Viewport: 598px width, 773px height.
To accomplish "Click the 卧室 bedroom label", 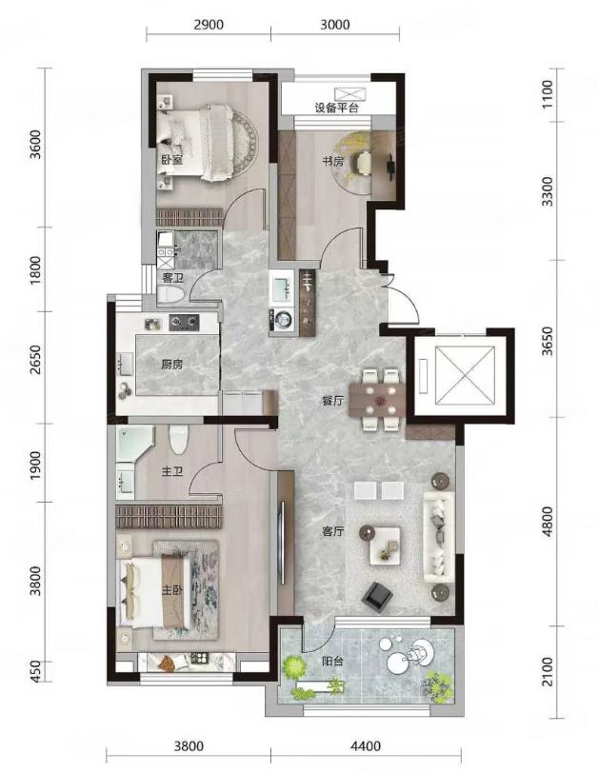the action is [171, 160].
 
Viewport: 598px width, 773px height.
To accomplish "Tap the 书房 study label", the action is [332, 161].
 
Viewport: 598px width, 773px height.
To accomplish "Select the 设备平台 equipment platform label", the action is [336, 108].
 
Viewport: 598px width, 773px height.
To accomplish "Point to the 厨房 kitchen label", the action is [172, 365].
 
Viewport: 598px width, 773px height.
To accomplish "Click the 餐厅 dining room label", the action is [331, 401].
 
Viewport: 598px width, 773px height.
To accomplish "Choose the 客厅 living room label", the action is [332, 531].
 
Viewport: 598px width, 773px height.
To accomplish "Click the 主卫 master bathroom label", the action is [172, 472].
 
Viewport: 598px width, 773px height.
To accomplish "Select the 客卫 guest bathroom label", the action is [172, 278].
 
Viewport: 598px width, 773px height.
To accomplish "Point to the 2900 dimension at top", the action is [209, 24].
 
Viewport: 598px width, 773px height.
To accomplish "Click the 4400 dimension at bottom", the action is [366, 746].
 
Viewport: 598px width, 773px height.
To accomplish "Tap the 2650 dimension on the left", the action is [34, 360].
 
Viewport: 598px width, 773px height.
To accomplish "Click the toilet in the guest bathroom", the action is [170, 295].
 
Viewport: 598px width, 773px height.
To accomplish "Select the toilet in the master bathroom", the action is [179, 439].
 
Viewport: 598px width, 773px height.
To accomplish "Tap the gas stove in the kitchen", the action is [185, 323].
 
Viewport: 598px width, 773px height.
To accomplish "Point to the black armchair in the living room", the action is [378, 595].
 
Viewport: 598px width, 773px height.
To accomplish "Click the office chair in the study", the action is [365, 163].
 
